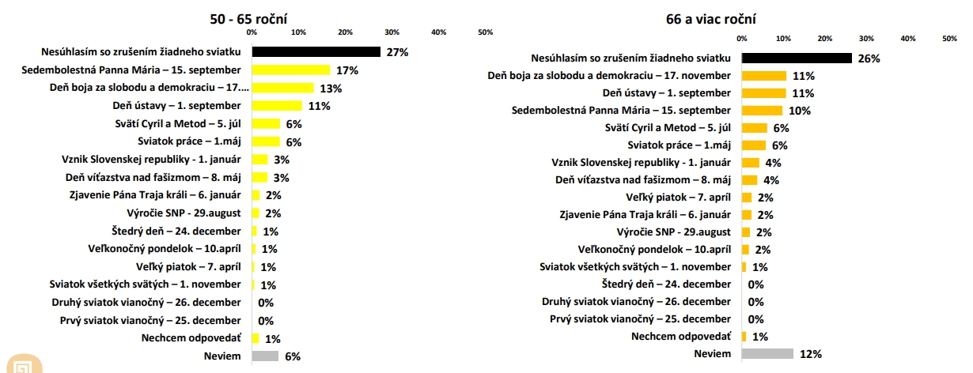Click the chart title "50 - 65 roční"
click(248, 19)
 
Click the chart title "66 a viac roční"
click(711, 19)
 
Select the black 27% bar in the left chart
click(316, 52)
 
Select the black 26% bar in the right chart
click(797, 58)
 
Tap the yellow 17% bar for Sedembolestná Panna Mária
click(291, 70)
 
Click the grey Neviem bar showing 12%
click(767, 354)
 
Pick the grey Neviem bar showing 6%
click(266, 356)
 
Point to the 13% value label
click(331, 89)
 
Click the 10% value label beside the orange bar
click(800, 111)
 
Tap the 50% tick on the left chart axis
click(485, 32)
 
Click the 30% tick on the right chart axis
click(866, 39)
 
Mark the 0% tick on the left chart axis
click(252, 32)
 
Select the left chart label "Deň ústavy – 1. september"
click(176, 105)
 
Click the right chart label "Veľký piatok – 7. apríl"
click(678, 198)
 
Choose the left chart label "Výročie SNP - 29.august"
click(184, 213)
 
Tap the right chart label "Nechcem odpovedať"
click(681, 336)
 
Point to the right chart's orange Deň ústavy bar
click(764, 93)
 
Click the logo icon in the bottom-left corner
click(25, 364)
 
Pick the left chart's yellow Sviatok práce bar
click(267, 141)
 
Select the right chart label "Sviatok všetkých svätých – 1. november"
click(635, 267)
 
